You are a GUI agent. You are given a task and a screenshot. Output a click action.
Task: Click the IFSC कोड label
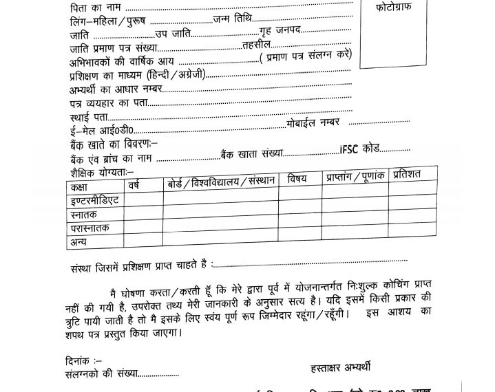(x=360, y=149)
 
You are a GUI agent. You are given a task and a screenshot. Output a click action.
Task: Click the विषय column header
(x=297, y=179)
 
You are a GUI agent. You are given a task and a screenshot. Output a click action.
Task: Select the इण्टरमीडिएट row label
(x=95, y=201)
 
